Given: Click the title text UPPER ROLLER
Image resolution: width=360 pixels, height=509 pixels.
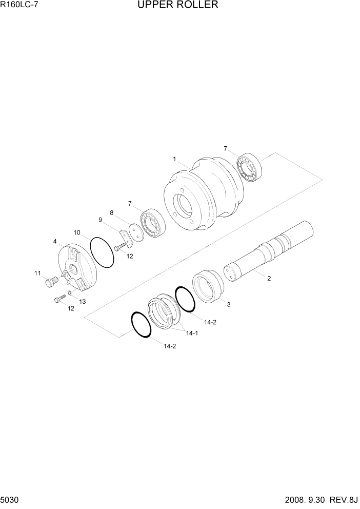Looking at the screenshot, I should (x=177, y=6).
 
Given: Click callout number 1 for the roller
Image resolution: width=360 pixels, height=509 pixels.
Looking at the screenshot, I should (x=174, y=160).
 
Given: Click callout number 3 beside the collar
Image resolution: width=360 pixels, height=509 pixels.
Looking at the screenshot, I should (x=229, y=304).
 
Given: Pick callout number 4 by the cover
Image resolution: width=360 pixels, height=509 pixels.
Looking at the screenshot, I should (x=54, y=241).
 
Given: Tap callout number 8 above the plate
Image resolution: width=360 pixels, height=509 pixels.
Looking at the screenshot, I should (x=111, y=212).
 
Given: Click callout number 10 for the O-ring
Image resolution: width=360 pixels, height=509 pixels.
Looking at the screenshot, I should (x=77, y=232).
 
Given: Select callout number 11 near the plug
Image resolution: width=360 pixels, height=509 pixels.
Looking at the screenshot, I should (x=37, y=273).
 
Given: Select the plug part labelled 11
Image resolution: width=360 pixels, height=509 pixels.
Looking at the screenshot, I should (x=50, y=282).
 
